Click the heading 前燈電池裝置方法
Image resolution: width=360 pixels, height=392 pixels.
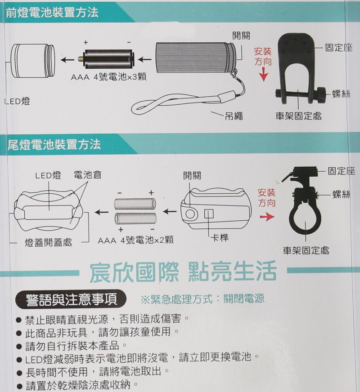pos(52,13)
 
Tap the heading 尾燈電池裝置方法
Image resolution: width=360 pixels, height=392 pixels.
pos(54,144)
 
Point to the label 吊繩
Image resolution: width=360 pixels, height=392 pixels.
pos(234,116)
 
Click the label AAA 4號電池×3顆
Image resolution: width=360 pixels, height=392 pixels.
pos(108,77)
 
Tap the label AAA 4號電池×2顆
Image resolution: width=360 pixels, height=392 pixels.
pos(135,240)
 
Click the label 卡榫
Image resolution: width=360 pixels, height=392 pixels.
pos(220,237)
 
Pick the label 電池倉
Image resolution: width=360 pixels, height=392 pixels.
pos(88,175)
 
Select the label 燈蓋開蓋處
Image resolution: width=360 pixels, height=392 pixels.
pos(48,242)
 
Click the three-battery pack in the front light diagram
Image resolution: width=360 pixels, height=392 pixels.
pos(107,59)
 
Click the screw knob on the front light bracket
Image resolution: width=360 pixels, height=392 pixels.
pos(321,95)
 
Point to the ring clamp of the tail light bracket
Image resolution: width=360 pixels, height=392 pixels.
pos(306,219)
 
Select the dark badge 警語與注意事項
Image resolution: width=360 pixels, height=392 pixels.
pos(71,299)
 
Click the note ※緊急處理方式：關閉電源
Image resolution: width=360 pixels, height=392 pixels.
pos(202,298)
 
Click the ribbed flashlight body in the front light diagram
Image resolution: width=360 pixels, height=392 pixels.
pos(196,58)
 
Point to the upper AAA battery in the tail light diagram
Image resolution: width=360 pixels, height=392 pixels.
pos(135,204)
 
